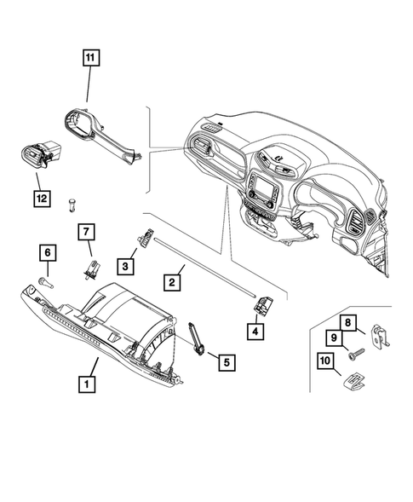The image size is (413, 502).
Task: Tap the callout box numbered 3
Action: [125, 267]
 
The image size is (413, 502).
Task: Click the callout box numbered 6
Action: [48, 252]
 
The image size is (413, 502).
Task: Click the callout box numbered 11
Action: [90, 59]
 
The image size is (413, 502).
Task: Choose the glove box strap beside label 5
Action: [195, 337]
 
